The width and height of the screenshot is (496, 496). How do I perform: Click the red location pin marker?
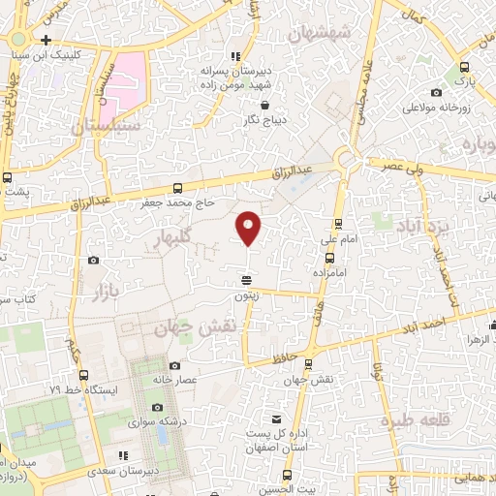click(249, 227)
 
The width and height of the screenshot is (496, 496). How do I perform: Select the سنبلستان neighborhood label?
click(107, 125)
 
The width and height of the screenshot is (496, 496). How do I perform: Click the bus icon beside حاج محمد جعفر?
click(176, 188)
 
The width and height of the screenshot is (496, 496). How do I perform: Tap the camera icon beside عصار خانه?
click(174, 365)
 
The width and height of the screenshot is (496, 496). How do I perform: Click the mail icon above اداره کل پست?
click(278, 419)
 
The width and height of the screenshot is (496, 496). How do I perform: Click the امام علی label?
click(346, 238)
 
